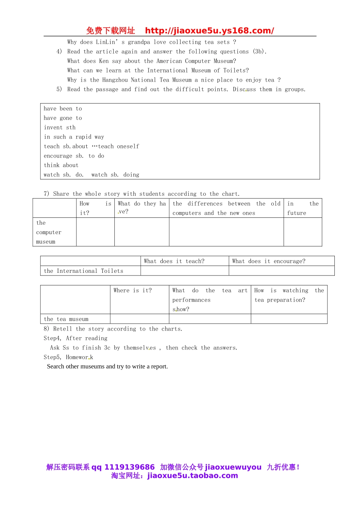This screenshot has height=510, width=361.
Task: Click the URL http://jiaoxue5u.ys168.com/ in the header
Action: pyautogui.click(x=209, y=31)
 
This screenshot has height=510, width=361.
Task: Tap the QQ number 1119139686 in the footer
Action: pyautogui.click(x=130, y=467)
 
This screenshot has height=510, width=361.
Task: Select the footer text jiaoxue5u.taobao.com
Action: pyautogui.click(x=193, y=476)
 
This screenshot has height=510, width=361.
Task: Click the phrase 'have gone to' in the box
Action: pyautogui.click(x=63, y=118)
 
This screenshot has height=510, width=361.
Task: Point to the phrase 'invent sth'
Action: pyautogui.click(x=60, y=127)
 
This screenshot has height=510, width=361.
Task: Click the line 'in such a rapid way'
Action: pyautogui.click(x=74, y=137)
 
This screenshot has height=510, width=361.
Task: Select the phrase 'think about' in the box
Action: pyautogui.click(x=61, y=165)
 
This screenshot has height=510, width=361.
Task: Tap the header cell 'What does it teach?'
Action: pyautogui.click(x=174, y=261)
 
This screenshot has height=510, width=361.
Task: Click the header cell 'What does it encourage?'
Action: pyautogui.click(x=269, y=261)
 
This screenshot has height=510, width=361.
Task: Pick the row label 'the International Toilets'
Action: pyautogui.click(x=84, y=271)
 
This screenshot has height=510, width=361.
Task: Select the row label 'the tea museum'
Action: pyautogui.click(x=66, y=319)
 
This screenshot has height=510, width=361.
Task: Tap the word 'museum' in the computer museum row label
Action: pyautogui.click(x=46, y=242)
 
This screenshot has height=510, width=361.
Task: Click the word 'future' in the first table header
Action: pyautogui.click(x=297, y=213)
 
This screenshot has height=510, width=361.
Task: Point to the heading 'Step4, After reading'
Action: pyautogui.click(x=76, y=338)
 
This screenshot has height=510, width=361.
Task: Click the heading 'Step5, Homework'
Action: pyautogui.click(x=68, y=357)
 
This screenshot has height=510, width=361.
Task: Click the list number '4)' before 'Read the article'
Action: pyautogui.click(x=59, y=52)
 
